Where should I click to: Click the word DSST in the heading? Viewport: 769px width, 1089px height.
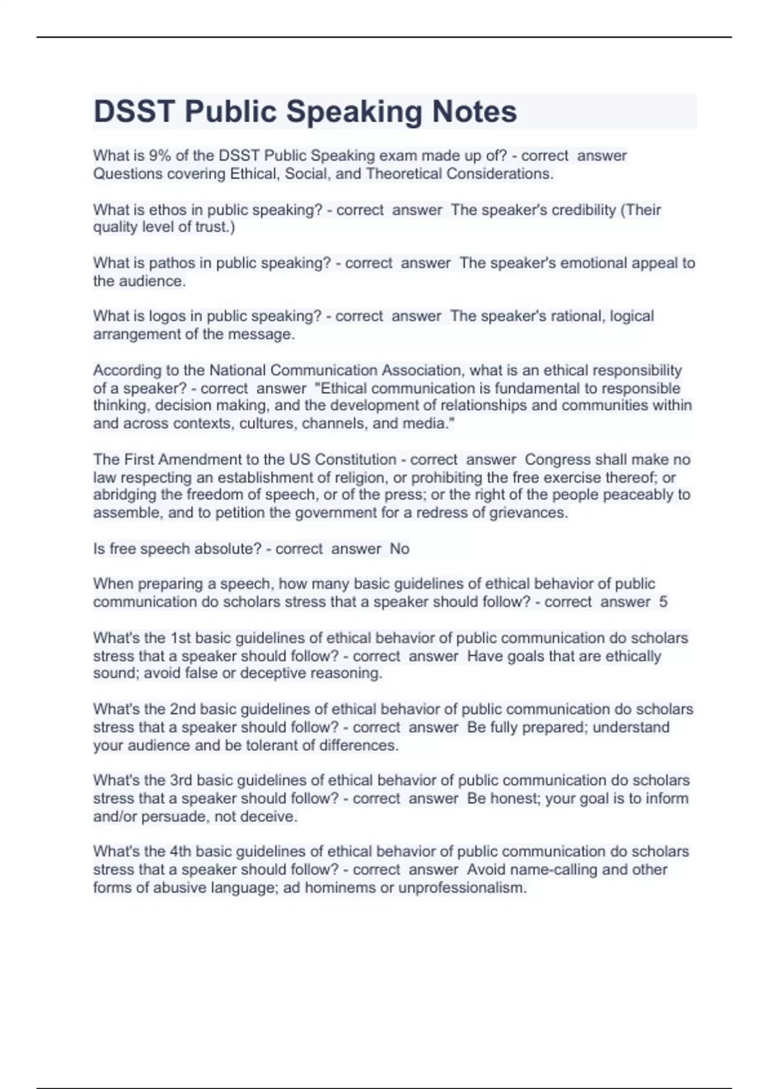(x=134, y=111)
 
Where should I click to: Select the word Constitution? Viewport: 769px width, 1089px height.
(x=351, y=460)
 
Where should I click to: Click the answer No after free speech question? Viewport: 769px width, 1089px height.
(x=399, y=549)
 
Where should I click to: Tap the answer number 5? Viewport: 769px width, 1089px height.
(x=663, y=602)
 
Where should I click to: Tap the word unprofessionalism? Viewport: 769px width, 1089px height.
(x=461, y=888)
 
